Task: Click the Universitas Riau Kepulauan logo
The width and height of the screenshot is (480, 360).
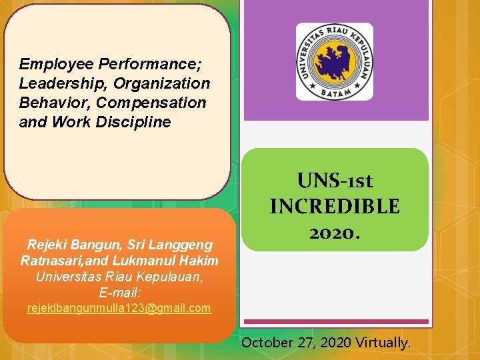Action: [335, 61]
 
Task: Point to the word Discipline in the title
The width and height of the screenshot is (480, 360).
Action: [141, 123]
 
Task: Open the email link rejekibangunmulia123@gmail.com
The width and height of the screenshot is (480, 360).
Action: [119, 308]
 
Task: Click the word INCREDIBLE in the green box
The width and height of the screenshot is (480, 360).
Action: [335, 207]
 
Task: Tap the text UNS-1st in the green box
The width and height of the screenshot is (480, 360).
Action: [335, 181]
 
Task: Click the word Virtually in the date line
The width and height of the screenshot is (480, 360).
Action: [382, 343]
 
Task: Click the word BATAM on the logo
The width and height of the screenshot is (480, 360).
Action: [335, 92]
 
